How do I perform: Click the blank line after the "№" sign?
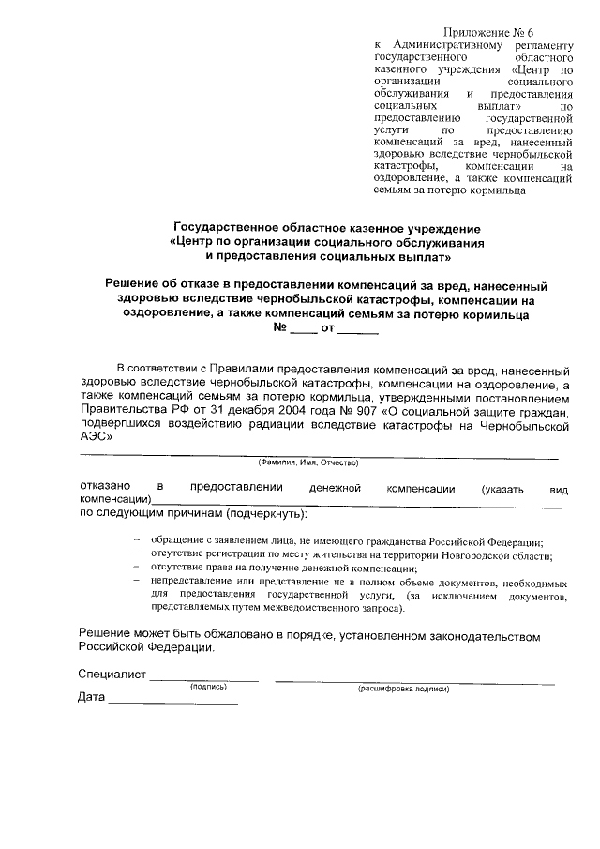pos(304,329)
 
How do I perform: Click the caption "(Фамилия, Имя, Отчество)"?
pos(308,463)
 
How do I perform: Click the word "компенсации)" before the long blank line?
pos(114,502)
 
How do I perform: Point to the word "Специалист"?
pos(112,675)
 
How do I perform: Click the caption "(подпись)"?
pos(214,687)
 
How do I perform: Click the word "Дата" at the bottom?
pos(92,698)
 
